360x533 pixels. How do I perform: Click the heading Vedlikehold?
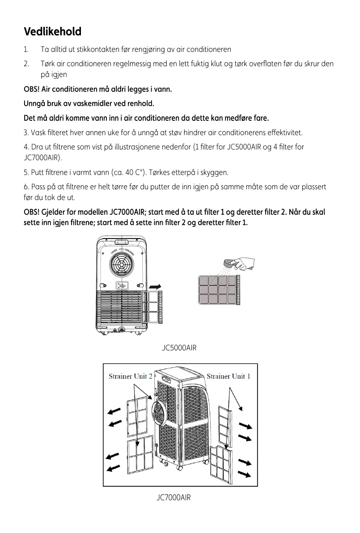pos(52,32)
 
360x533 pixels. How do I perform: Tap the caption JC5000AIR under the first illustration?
pos(179,348)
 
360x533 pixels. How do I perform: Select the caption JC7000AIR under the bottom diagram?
pos(174,497)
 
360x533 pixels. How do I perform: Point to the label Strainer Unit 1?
pos(228,376)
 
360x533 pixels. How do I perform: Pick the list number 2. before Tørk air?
pos(26,64)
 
